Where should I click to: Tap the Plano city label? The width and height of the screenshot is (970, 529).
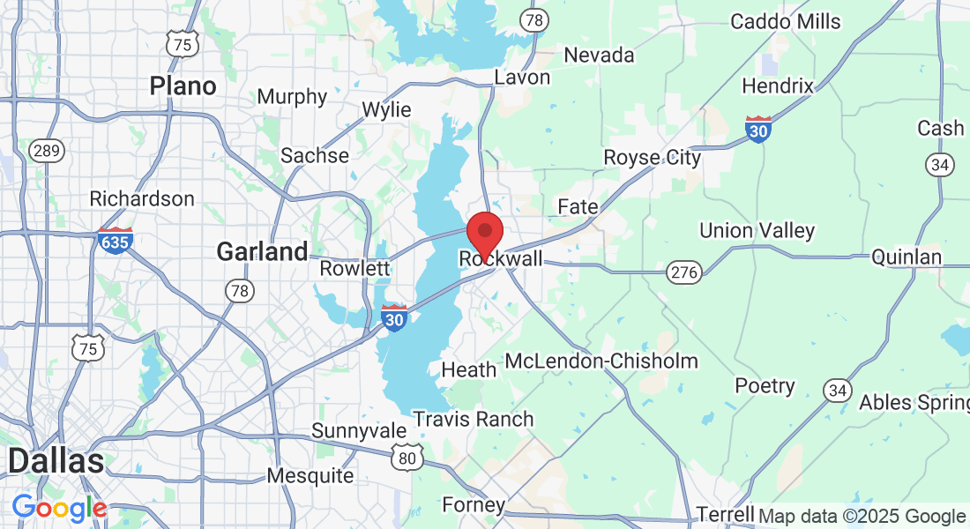[183, 86]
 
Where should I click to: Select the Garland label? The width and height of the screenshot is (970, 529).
[262, 252]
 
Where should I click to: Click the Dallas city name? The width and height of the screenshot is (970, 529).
[56, 461]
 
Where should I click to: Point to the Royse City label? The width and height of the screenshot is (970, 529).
[652, 158]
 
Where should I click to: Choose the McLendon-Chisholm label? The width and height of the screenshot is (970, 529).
[601, 361]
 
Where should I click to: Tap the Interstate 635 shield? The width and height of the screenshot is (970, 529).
[116, 240]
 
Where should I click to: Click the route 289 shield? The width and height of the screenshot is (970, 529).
[46, 151]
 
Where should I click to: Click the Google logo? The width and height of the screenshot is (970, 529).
[59, 508]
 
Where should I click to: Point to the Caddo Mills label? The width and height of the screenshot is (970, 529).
[786, 21]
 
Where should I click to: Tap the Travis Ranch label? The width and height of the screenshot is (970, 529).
[474, 419]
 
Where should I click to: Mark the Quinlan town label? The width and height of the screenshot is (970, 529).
[907, 257]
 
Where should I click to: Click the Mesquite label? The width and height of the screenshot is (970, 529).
[310, 476]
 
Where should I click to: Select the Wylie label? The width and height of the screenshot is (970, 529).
[387, 110]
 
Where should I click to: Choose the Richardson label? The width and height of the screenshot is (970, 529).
[142, 198]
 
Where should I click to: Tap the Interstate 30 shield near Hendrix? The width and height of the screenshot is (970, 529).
[758, 129]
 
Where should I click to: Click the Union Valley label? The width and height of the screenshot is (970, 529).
[757, 231]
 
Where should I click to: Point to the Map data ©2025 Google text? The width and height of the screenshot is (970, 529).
[862, 517]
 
